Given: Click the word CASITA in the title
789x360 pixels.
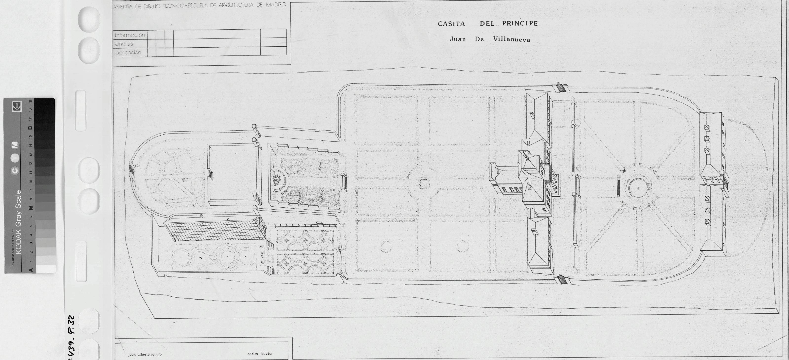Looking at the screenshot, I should coord(451,24).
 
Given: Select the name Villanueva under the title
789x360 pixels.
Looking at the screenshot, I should coord(512,39).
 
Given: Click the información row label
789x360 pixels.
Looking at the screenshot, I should coord(130,35).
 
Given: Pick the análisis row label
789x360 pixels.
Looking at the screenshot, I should coord(124,44).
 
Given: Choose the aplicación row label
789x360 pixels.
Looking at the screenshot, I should coord(128,52).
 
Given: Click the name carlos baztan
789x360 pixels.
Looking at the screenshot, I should coord(260,354).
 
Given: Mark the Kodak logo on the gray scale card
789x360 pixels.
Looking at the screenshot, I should coord(17,107).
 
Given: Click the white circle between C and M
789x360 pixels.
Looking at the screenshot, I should coord(15,158).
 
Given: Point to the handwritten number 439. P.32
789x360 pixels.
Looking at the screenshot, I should coord(71,337).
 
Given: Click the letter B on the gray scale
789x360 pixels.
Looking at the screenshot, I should coord(30,128).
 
